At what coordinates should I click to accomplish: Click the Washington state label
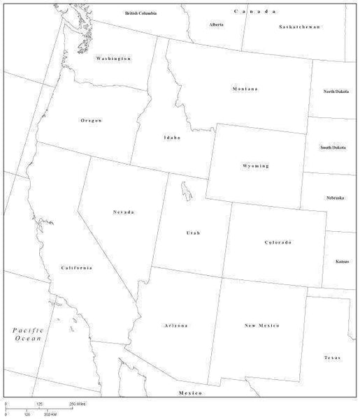113,59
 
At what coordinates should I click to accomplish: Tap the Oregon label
92,120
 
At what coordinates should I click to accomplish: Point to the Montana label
245,89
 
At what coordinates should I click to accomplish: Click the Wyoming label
255,166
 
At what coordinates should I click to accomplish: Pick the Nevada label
123,212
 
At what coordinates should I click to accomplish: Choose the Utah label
192,233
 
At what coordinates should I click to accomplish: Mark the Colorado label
278,242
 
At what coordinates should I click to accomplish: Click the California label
76,268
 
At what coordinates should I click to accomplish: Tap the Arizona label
176,326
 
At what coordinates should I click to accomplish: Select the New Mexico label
262,326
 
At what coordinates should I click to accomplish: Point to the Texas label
332,358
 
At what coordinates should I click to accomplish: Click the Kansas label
343,261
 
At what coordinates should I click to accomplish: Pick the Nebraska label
335,198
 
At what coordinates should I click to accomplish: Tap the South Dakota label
333,147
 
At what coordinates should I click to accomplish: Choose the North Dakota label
336,91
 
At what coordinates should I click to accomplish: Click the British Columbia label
141,13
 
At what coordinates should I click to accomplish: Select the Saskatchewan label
298,27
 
